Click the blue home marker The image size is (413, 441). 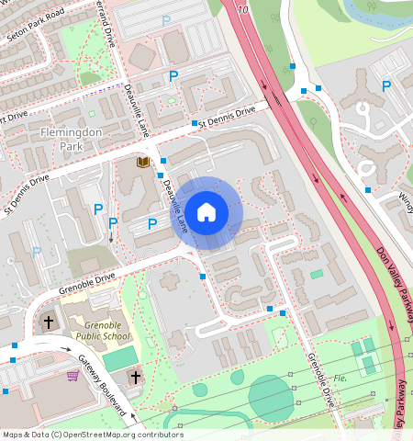tap(206, 212)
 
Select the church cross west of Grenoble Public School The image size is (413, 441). tap(49, 322)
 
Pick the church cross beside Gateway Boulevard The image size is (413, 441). tap(135, 378)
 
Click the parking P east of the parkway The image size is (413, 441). tap(386, 85)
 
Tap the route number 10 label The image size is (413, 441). tap(242, 10)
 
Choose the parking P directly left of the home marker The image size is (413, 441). tap(152, 223)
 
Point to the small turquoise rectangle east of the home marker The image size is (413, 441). tap(317, 274)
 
